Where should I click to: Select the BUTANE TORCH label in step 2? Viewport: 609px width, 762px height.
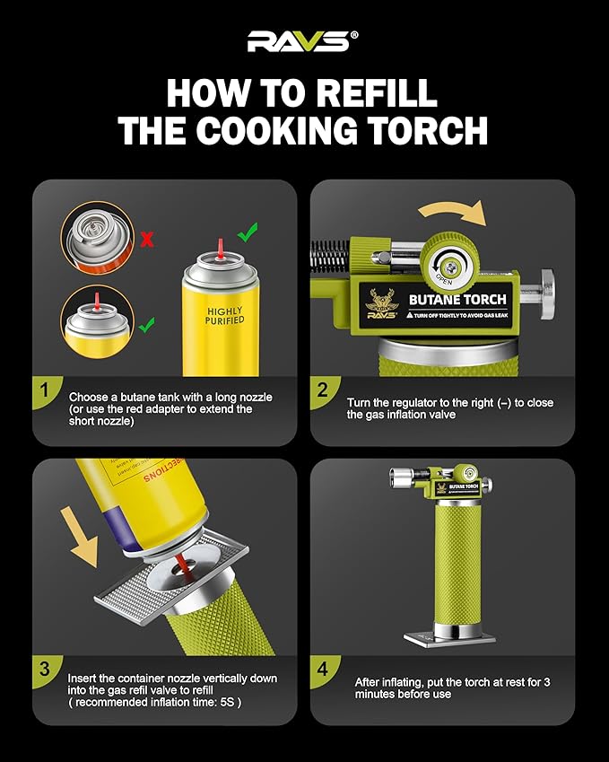(457, 300)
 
